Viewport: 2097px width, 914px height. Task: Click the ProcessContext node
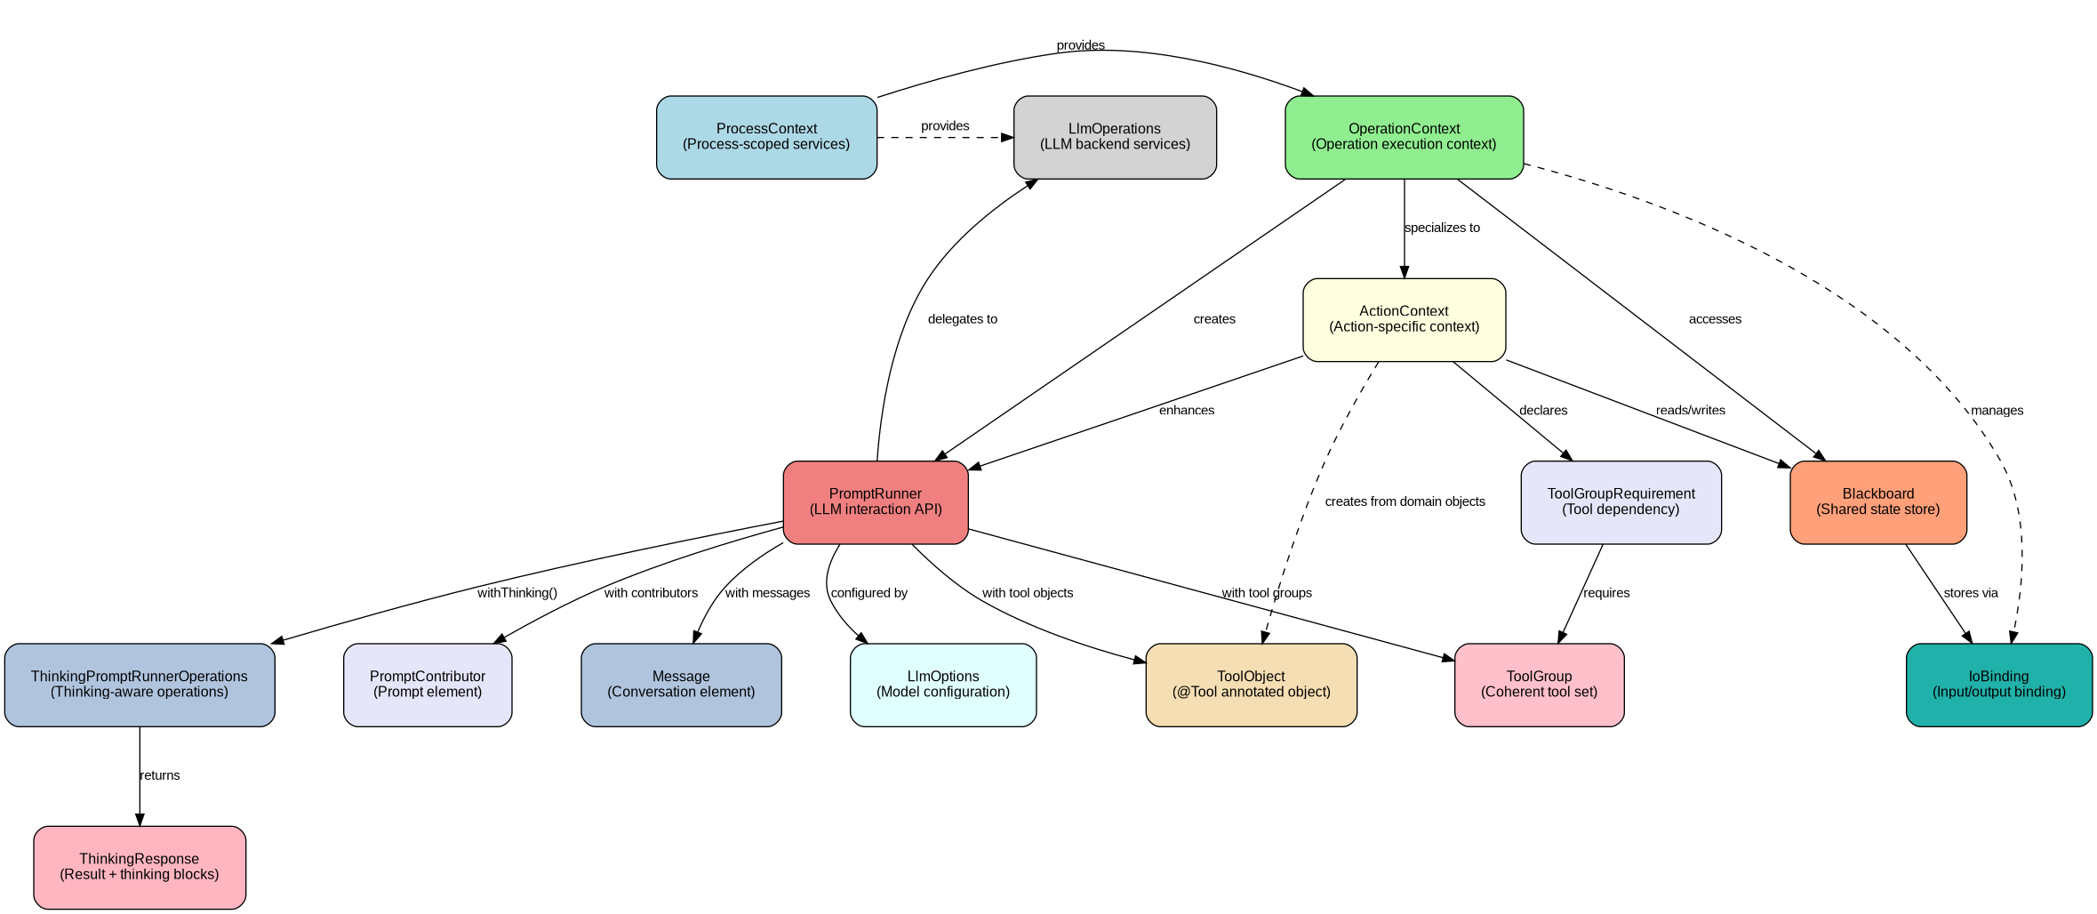pos(766,137)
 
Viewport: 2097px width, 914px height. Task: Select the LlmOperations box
pos(1115,137)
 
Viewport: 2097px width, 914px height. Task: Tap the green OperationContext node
pos(1404,137)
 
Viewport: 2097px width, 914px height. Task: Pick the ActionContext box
pos(1404,319)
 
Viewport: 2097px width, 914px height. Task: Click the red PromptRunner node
pos(876,502)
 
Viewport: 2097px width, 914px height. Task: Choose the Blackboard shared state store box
pos(1877,502)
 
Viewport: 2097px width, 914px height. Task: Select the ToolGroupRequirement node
pos(1621,502)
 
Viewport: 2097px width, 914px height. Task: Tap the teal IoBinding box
pos(1998,685)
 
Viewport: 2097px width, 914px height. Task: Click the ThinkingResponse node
pos(140,867)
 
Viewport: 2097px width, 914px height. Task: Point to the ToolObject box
pos(1251,685)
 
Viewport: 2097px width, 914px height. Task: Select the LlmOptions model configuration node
pos(943,685)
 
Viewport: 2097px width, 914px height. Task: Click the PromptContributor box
pos(428,685)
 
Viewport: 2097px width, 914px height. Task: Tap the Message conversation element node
pos(681,685)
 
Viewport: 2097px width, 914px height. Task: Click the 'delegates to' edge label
pos(962,319)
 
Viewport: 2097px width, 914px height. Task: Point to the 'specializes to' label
pos(1442,228)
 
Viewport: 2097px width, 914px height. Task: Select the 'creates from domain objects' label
pos(1405,501)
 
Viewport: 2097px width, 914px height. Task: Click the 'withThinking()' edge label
pos(517,593)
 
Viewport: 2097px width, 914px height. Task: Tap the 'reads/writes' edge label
pos(1690,411)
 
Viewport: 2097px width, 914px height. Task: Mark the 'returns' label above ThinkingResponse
pos(160,775)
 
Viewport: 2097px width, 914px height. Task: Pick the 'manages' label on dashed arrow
pos(1997,411)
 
